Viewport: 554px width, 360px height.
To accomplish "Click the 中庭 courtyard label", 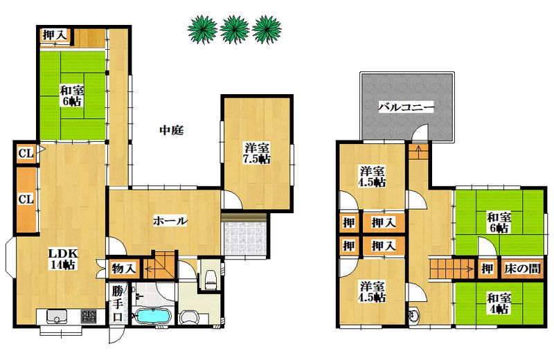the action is (171, 130).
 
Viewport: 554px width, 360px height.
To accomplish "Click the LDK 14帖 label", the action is (63, 259).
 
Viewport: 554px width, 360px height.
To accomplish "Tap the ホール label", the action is (170, 222).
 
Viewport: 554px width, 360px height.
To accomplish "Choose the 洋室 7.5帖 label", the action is (256, 153).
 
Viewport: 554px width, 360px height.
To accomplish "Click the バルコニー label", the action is (406, 107).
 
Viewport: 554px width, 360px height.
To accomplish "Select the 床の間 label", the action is (522, 269).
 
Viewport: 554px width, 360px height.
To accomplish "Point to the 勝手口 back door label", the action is (117, 304).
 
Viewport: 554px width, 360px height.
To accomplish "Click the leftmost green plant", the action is (202, 30).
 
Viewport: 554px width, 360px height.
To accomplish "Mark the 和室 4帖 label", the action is (499, 304).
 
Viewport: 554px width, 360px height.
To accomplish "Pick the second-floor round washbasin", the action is (413, 316).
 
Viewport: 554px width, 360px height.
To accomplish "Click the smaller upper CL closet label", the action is (26, 154).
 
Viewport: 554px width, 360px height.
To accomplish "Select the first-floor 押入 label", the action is (55, 35).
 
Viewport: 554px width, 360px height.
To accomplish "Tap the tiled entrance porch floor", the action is (244, 238).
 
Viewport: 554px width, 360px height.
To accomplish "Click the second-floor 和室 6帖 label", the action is (499, 222).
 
